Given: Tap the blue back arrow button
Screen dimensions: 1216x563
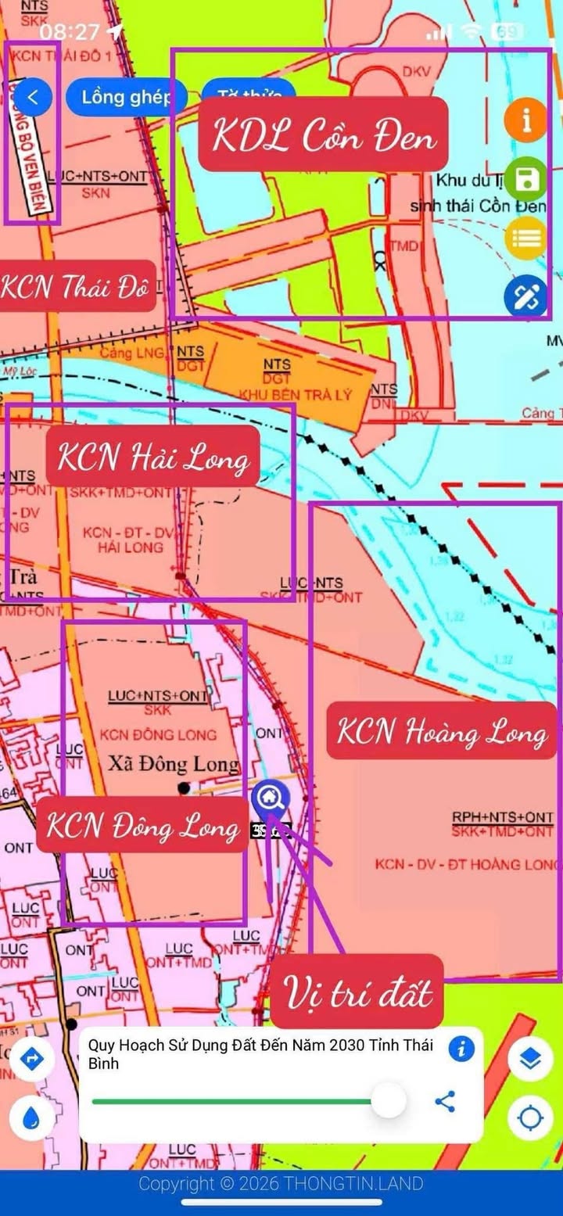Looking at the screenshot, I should point(33,98).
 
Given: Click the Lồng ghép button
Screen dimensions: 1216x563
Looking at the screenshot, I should point(126,98).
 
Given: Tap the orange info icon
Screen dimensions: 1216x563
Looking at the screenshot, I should point(525,120).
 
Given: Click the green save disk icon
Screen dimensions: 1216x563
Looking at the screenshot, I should point(525,179).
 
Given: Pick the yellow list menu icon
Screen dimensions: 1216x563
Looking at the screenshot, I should point(525,238).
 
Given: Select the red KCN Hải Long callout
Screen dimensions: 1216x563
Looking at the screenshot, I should point(152,455).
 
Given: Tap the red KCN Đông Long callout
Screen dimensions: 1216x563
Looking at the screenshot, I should point(142,824).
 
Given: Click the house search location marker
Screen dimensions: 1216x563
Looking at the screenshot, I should point(271,798).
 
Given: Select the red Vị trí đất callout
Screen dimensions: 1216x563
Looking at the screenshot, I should point(357,992).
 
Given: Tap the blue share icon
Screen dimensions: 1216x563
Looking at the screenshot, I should point(445,1102).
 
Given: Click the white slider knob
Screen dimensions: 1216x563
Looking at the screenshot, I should point(388,1102).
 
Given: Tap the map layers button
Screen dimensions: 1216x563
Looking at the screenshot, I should point(531,1059).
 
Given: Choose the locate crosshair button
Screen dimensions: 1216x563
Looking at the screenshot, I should point(531,1119).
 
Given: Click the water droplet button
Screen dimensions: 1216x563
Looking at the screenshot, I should point(32,1119).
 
